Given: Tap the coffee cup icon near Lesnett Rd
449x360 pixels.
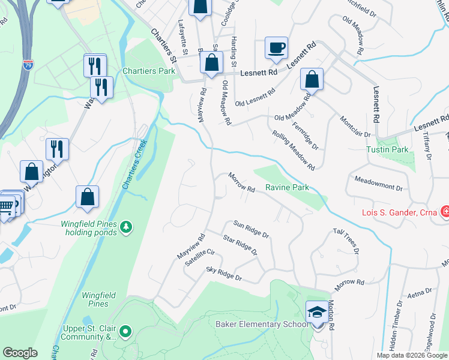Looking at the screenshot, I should [x=276, y=48].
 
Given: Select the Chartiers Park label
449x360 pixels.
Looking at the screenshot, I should [x=149, y=71].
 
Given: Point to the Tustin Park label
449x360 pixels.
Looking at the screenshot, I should [x=388, y=149].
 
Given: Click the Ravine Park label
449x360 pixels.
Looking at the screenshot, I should [x=287, y=188].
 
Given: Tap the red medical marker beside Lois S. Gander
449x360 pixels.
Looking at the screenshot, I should [x=445, y=212].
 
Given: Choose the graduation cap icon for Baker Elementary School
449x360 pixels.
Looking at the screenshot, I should [x=317, y=312].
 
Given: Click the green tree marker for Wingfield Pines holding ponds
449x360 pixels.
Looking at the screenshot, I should [x=126, y=226].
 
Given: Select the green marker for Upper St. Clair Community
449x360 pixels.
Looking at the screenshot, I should [x=125, y=331].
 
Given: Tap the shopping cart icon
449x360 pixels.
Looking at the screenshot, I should [x=6, y=208].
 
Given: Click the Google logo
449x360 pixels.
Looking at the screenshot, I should [x=20, y=353].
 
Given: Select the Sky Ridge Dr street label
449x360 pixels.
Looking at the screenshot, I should [x=223, y=274].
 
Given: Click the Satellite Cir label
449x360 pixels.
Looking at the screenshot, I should [x=199, y=253].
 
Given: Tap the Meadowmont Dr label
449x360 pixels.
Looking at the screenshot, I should [x=378, y=184].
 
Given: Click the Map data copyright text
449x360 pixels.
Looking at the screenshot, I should [x=412, y=355].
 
